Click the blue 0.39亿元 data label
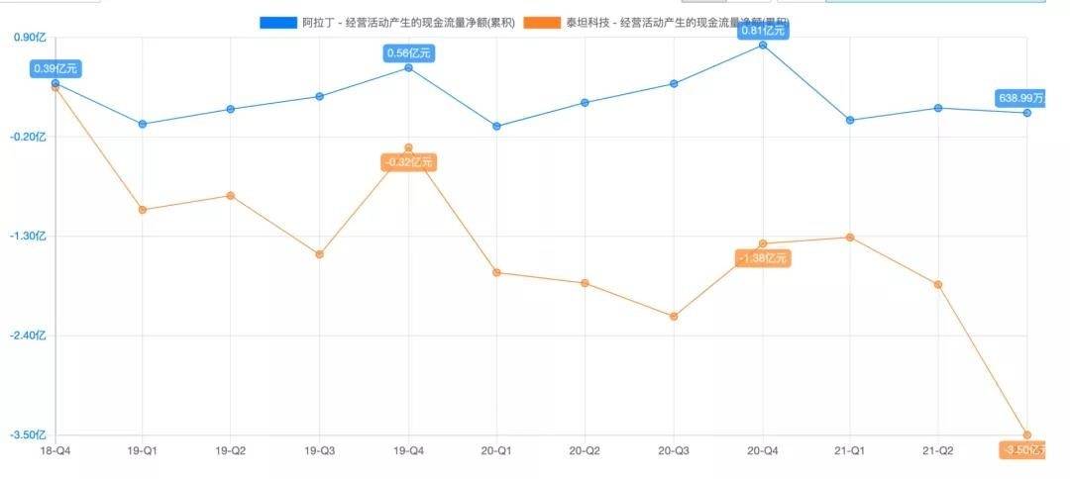click(54, 68)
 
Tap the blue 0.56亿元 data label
click(409, 52)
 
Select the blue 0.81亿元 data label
click(763, 30)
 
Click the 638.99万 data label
click(1020, 98)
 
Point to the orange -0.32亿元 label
click(408, 162)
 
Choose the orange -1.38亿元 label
click(763, 258)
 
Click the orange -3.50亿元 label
click(1024, 450)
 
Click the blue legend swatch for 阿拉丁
click(277, 22)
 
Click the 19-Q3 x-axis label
click(319, 450)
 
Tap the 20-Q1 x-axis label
click(496, 450)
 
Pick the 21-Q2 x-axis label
click(938, 450)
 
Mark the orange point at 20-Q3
click(674, 317)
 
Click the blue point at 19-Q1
click(143, 124)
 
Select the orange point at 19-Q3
click(319, 254)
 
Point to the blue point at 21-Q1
click(850, 120)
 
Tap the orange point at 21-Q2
click(938, 284)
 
